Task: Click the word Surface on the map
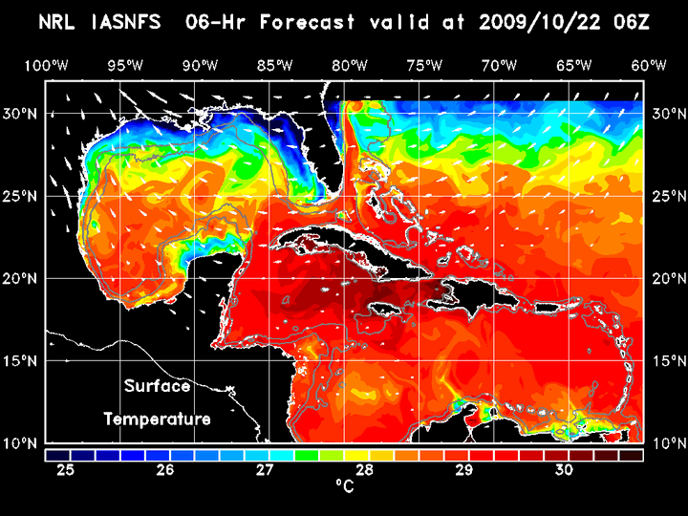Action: [157, 387]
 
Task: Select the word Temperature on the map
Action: [157, 419]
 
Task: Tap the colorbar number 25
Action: [65, 470]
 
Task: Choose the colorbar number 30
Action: [564, 470]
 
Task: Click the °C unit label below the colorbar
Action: [344, 486]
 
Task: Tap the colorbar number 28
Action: [365, 470]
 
